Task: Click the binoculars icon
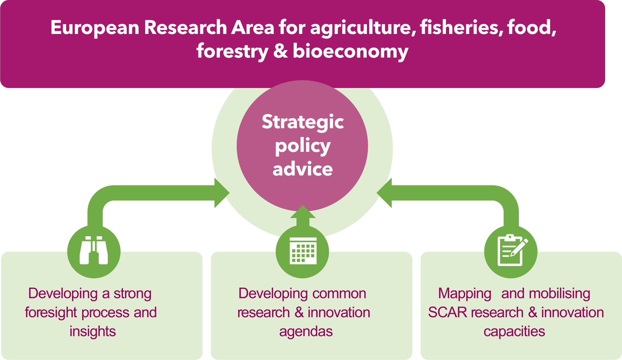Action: tap(94, 250)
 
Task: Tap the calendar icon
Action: tap(303, 251)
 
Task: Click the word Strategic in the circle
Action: tap(303, 122)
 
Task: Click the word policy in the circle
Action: tap(303, 146)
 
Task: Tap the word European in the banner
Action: tap(95, 28)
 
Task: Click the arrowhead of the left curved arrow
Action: tap(222, 193)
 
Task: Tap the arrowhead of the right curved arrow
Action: tap(384, 193)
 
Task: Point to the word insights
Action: tap(93, 331)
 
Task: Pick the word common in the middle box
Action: tap(339, 294)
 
